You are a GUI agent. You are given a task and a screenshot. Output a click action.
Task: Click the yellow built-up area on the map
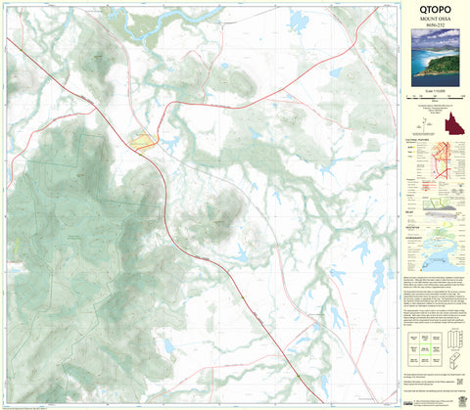tap(142, 144)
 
